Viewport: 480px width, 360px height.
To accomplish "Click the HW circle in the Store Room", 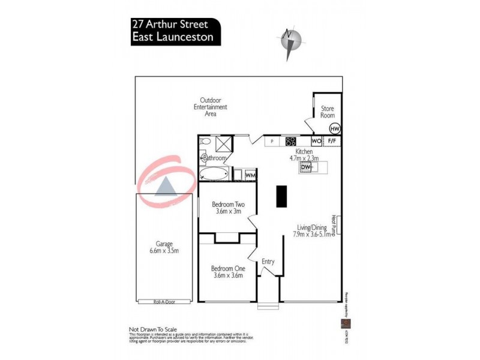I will pos(335,128).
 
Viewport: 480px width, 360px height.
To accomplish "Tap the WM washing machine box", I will pos(250,175).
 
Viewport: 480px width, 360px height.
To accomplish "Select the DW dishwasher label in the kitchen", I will pos(305,168).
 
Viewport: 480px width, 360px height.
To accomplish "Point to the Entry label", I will pos(268,262).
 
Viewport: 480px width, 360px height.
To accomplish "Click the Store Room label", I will pos(328,112).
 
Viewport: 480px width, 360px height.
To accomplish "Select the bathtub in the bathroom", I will pos(214,175).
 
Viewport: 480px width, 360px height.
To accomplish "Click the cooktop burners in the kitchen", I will pos(290,142).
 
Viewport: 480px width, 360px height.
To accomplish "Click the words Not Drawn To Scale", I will pos(154,329).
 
